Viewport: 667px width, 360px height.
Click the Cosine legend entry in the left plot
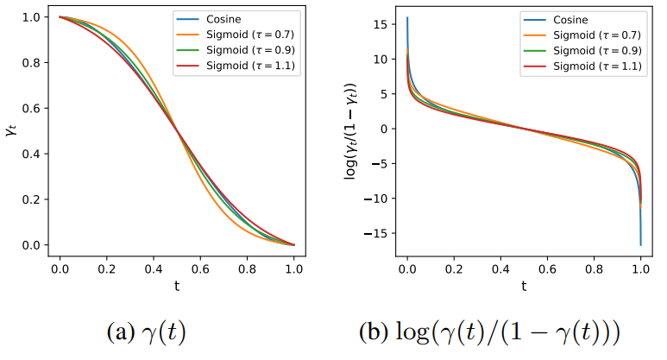click(223, 19)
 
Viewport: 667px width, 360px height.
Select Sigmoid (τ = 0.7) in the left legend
click(250, 35)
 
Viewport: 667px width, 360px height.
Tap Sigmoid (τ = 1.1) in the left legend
click(250, 66)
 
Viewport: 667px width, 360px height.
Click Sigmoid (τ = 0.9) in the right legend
click(597, 51)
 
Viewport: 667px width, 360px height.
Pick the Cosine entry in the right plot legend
click(570, 20)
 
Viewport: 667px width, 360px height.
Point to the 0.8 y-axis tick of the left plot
click(32, 63)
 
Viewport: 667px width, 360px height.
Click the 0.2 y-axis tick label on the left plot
click(32, 199)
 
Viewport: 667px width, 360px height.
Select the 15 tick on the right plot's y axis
click(381, 25)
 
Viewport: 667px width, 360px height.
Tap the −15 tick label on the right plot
click(375, 234)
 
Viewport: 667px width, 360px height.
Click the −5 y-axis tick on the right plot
click(380, 164)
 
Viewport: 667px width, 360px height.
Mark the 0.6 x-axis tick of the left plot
click(200, 269)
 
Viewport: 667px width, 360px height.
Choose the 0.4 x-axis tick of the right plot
click(500, 269)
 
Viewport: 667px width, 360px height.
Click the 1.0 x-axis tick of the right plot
click(641, 269)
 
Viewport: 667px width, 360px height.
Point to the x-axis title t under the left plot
click(177, 286)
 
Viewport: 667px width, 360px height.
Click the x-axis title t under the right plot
click(524, 286)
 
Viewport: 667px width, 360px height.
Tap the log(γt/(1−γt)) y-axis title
click(350, 131)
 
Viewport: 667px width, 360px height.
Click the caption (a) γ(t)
click(147, 332)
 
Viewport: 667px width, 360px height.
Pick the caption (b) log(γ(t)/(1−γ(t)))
click(489, 332)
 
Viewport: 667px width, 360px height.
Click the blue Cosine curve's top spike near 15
click(407, 18)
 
